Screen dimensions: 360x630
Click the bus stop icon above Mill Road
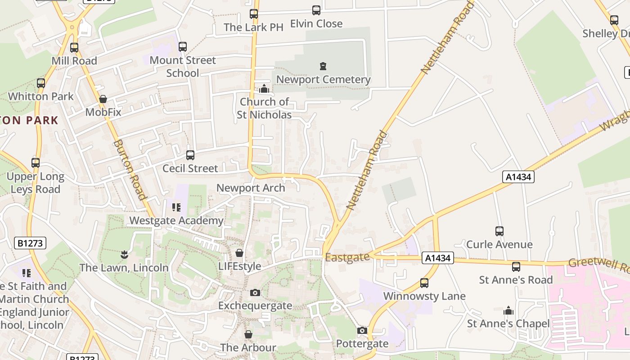(x=74, y=47)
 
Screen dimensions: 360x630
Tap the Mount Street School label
(x=183, y=67)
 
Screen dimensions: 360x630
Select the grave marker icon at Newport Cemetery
(x=323, y=67)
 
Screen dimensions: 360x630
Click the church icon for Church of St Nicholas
(x=264, y=89)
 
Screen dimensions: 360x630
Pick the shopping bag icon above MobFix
(x=103, y=99)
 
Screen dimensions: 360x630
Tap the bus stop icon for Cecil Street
(x=190, y=155)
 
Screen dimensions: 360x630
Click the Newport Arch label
(x=251, y=188)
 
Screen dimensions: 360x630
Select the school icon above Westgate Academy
(x=176, y=207)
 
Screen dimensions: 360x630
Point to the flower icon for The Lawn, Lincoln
(x=124, y=255)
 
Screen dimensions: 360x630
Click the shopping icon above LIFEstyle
(x=239, y=253)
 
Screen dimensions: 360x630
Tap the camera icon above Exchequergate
(x=255, y=293)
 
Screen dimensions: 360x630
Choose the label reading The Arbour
(x=248, y=347)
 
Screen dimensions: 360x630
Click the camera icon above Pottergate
(x=362, y=331)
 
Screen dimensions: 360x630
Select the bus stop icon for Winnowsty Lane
(x=424, y=283)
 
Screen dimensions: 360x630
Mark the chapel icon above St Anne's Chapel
(x=508, y=310)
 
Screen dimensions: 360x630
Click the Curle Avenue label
(x=499, y=244)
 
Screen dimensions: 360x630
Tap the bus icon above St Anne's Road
(x=516, y=267)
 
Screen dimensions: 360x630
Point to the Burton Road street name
(x=130, y=169)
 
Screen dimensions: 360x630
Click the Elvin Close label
(x=316, y=23)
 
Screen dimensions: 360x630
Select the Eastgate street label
(x=347, y=257)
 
